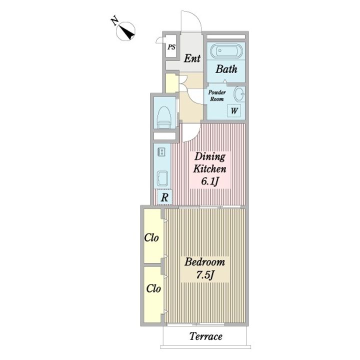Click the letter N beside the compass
(x=114, y=21)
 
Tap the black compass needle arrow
(x=127, y=32)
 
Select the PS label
(x=171, y=47)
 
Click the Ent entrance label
(x=192, y=58)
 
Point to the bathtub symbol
(x=225, y=50)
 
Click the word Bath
(x=226, y=69)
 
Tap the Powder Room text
(x=216, y=95)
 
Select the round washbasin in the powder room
(x=239, y=94)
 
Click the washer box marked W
(x=233, y=111)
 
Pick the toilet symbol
(x=164, y=117)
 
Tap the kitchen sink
(x=162, y=178)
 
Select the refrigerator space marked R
(x=164, y=197)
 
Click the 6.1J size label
(x=209, y=181)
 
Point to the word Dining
(x=210, y=157)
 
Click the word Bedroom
(x=204, y=262)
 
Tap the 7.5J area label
(x=205, y=274)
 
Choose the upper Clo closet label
(x=151, y=238)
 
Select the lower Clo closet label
(x=153, y=288)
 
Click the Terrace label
(x=205, y=336)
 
